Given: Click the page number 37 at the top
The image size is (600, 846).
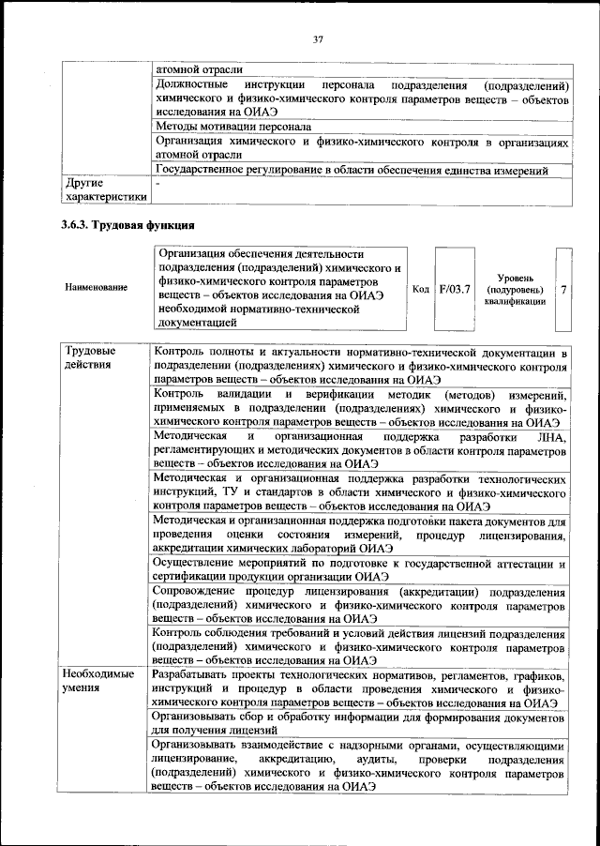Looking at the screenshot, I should (x=318, y=38).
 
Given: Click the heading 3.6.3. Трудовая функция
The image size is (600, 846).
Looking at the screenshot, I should (x=127, y=226).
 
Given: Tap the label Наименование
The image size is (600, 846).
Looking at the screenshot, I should (x=97, y=287).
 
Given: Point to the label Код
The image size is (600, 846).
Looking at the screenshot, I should (x=421, y=289).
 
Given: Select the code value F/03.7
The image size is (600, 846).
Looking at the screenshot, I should (x=455, y=289).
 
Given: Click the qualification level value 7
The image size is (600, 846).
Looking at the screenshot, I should (x=563, y=289).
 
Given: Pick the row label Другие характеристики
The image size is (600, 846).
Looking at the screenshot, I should (x=103, y=190).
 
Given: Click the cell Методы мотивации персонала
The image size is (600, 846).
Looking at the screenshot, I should (x=233, y=126).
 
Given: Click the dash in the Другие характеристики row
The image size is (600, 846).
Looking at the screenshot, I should (x=158, y=185).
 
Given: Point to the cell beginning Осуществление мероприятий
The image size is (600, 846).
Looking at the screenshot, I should (x=358, y=570).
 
